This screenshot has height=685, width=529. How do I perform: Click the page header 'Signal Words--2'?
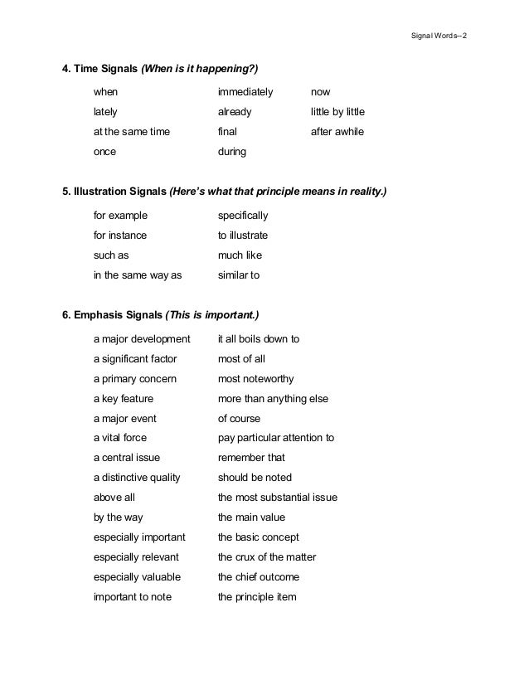pyautogui.click(x=439, y=38)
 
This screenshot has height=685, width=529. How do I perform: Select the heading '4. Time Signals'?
pyautogui.click(x=100, y=68)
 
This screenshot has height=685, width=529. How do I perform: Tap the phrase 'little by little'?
pyautogui.click(x=337, y=111)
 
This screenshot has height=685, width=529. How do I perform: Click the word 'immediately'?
pyautogui.click(x=245, y=91)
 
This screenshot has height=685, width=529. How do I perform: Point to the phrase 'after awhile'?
pyautogui.click(x=337, y=132)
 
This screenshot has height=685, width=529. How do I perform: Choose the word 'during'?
pyautogui.click(x=232, y=153)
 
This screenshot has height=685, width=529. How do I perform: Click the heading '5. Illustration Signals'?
pyautogui.click(x=115, y=192)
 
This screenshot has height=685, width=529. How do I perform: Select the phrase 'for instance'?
pyautogui.click(x=120, y=236)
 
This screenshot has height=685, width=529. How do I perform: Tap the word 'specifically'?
pyautogui.click(x=243, y=216)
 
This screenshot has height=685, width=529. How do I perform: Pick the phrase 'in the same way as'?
pyautogui.click(x=138, y=275)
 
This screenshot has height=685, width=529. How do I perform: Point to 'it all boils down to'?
pyautogui.click(x=259, y=339)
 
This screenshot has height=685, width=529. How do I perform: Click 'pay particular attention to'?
pyautogui.click(x=276, y=439)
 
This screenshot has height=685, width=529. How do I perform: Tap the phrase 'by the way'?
pyautogui.click(x=119, y=517)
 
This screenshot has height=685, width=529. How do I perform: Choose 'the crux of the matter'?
pyautogui.click(x=267, y=557)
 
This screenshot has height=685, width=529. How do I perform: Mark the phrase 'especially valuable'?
pyautogui.click(x=137, y=577)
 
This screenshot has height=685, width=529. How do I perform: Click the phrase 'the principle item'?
pyautogui.click(x=257, y=597)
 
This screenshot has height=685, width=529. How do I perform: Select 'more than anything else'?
pyautogui.click(x=273, y=399)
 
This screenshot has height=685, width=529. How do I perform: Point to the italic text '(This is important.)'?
pyautogui.click(x=212, y=315)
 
